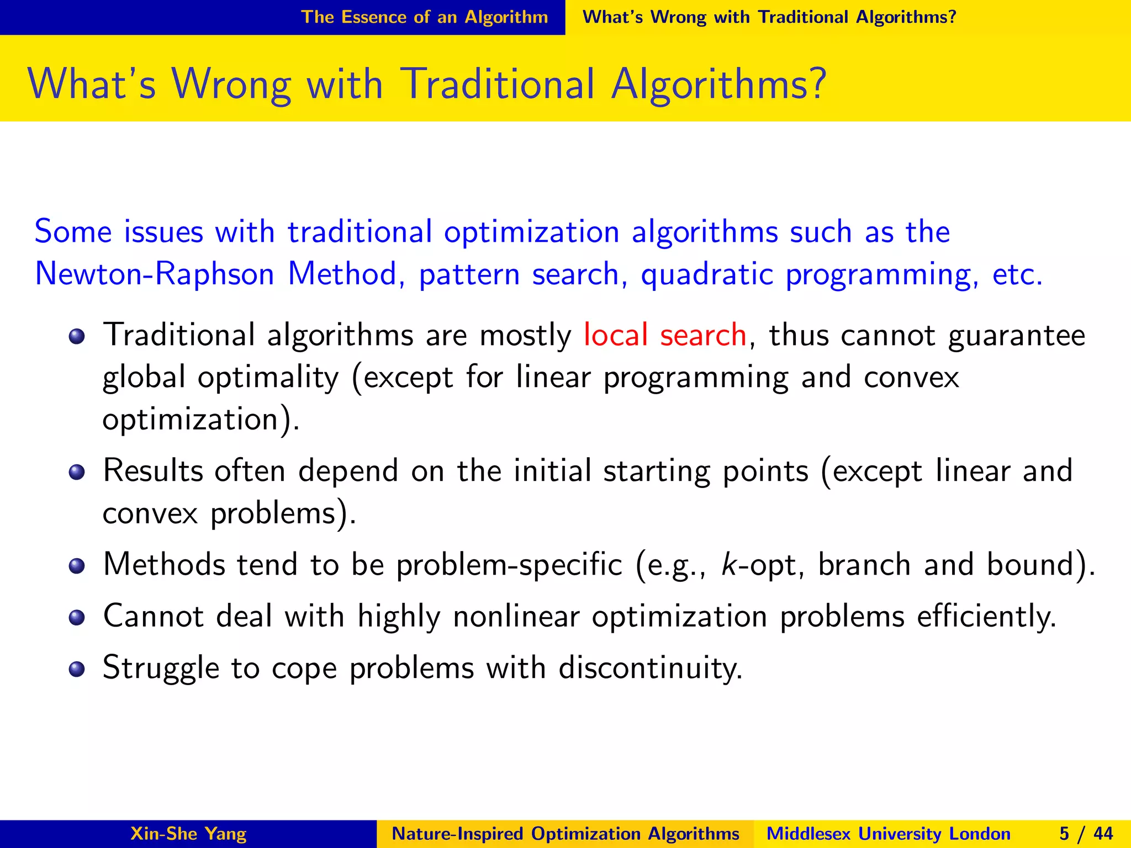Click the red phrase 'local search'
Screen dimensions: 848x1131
tap(665, 335)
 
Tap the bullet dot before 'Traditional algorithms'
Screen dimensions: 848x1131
tap(77, 336)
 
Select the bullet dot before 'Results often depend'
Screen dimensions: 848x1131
tap(77, 472)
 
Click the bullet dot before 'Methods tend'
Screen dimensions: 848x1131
tap(77, 566)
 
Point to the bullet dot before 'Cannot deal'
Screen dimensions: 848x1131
tap(77, 617)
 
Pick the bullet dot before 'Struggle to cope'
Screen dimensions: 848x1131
tap(77, 669)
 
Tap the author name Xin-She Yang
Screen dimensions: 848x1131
tap(188, 834)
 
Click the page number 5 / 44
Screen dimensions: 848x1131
tap(1086, 834)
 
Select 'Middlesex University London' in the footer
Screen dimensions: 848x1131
tap(888, 834)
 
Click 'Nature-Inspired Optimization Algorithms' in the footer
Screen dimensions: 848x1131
tap(565, 834)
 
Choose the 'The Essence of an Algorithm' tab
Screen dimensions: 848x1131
tap(424, 17)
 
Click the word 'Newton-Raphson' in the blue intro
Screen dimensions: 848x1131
tap(155, 274)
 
